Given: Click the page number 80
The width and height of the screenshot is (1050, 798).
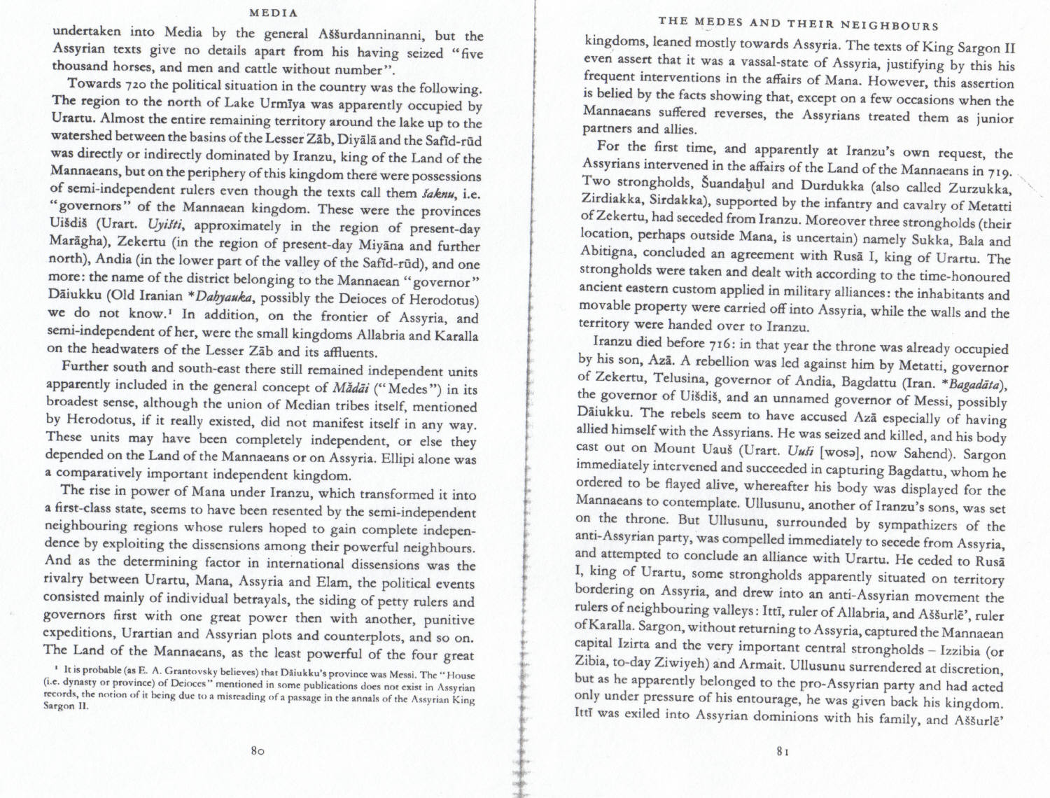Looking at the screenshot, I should pyautogui.click(x=256, y=750).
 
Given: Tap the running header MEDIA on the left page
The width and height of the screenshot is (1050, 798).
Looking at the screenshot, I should pyautogui.click(x=274, y=13).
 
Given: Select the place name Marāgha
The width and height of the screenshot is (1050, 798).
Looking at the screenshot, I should pyautogui.click(x=78, y=242).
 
